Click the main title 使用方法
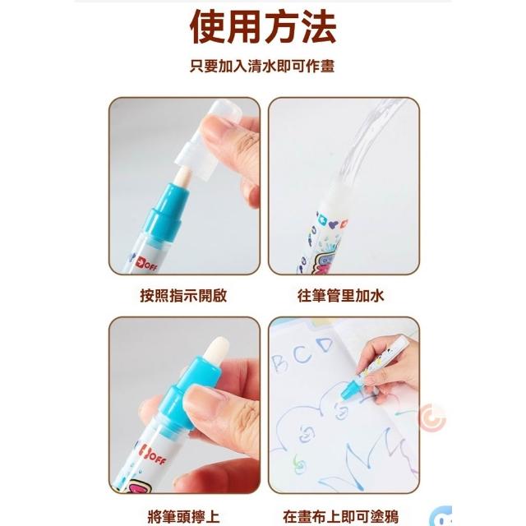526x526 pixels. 263,27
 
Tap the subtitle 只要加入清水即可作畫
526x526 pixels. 262,66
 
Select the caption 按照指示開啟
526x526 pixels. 183,296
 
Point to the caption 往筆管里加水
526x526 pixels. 340,296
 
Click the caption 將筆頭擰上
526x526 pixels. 183,517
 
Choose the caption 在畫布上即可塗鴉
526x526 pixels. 341,517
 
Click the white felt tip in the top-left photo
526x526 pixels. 182,177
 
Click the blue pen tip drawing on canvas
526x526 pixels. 348,391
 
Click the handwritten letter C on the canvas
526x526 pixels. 302,354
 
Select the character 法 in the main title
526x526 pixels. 319,27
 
